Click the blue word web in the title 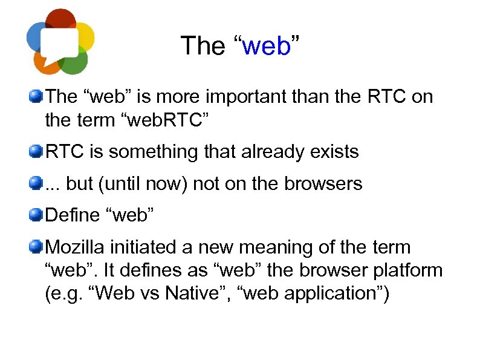tap(266, 46)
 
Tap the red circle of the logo tap(60, 20)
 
